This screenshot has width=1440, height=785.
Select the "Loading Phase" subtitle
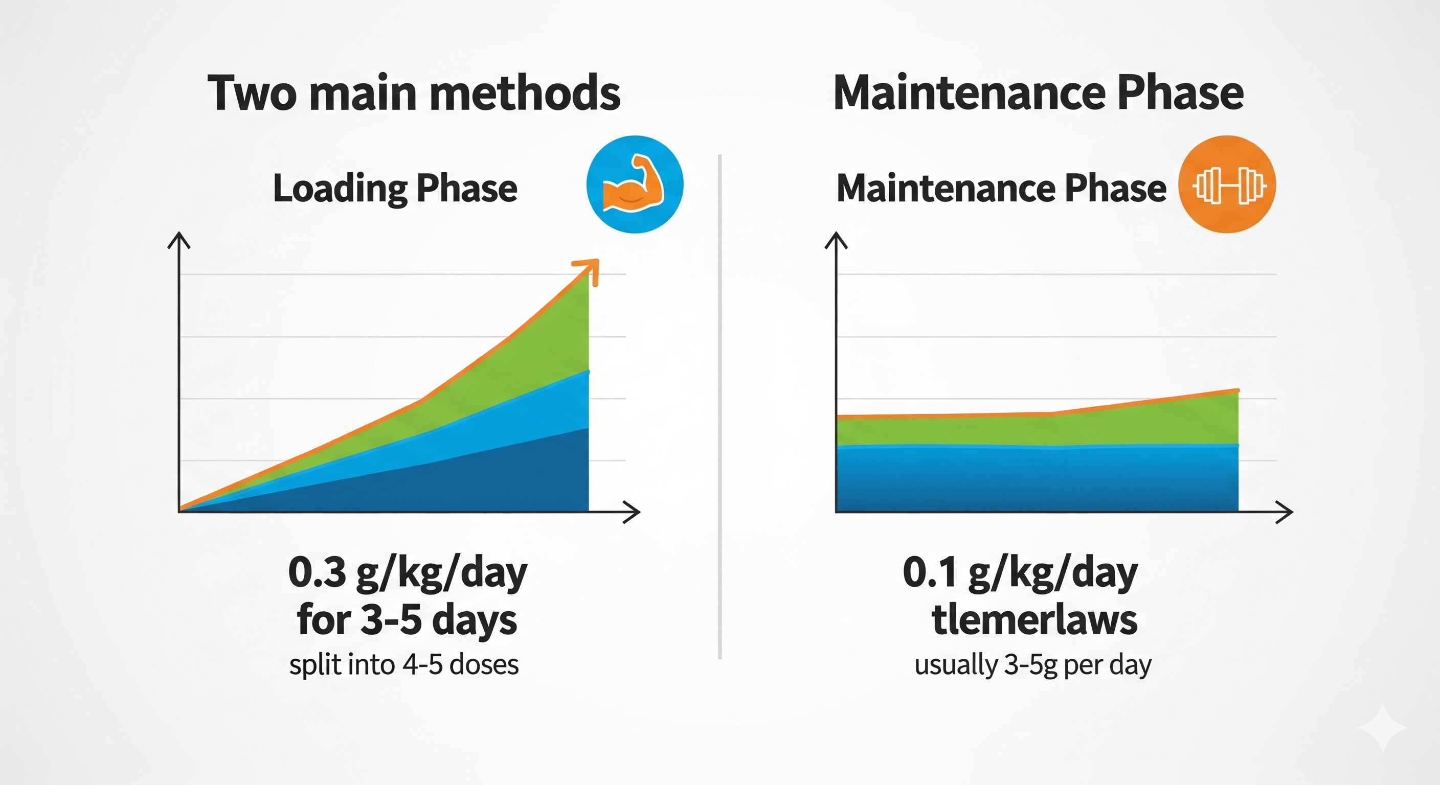[395, 188]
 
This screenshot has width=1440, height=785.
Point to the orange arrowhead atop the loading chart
[588, 270]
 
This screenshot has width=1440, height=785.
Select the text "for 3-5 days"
[407, 620]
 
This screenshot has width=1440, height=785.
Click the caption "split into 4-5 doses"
[403, 665]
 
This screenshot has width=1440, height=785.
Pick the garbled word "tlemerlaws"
[1034, 620]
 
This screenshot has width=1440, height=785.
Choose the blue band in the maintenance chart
[1038, 478]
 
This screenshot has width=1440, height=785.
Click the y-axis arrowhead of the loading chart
[179, 241]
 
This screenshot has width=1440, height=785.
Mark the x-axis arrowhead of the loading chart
[632, 512]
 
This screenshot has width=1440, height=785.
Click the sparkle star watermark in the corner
[1382, 727]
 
